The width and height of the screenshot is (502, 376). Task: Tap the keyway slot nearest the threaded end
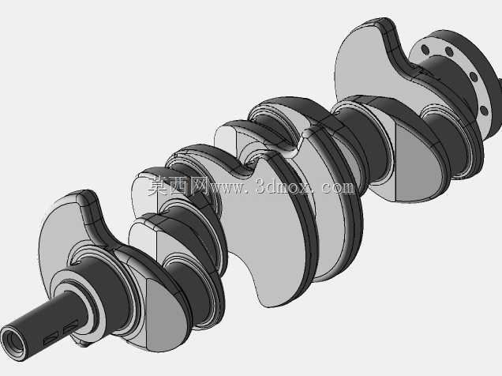pyautogui.click(x=51, y=338)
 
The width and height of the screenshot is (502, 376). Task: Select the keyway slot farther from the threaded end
pyautogui.click(x=71, y=327)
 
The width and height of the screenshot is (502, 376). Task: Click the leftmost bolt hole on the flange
pyautogui.click(x=425, y=50)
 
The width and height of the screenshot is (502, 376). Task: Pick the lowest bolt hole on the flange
pyautogui.click(x=484, y=111)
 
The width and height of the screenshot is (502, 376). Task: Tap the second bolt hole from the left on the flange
pyautogui.click(x=449, y=52)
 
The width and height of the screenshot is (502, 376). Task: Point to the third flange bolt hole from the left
pyautogui.click(x=473, y=77)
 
